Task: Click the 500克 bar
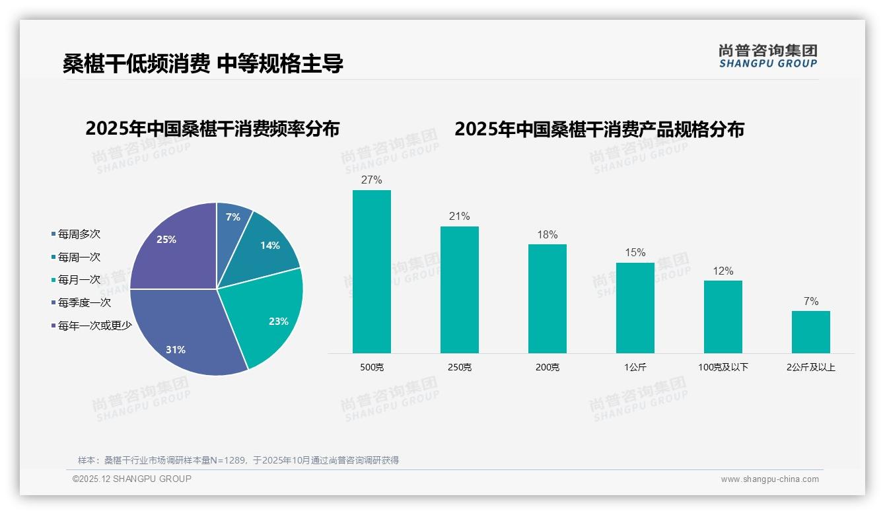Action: [372, 271]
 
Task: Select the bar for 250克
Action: [460, 290]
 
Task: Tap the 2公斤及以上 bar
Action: [811, 332]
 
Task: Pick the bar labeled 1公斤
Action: [635, 308]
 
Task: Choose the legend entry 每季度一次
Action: [84, 303]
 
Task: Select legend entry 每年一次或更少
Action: [94, 326]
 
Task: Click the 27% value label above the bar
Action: [372, 180]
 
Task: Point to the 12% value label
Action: [723, 271]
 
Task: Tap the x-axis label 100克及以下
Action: [723, 367]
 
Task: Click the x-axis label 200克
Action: [548, 367]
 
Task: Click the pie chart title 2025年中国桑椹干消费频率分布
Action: [212, 129]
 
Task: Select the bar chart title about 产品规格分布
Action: [599, 129]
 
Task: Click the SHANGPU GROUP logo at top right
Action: [768, 56]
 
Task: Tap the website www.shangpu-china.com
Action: [769, 479]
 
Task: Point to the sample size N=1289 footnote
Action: [238, 460]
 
